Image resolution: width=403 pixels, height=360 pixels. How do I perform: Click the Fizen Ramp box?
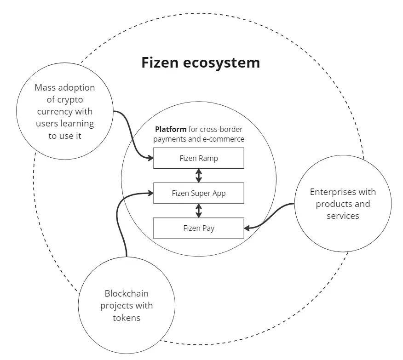point(198,158)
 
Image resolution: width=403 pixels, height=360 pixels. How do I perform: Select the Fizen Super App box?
point(198,193)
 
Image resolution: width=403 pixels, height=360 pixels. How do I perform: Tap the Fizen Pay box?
point(198,228)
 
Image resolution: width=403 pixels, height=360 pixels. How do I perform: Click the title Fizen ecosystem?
point(200,62)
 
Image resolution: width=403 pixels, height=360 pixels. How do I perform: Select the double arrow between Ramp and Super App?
point(199,176)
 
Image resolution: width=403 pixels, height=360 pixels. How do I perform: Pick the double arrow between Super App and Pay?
point(199,211)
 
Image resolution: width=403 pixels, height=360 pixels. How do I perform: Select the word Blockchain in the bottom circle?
point(127,293)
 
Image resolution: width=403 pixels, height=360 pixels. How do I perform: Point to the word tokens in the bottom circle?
point(127,317)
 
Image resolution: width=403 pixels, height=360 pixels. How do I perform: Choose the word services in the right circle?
point(343,216)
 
